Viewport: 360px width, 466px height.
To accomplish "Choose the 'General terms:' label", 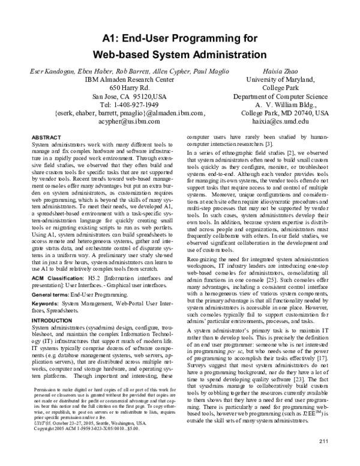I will [50, 296].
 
